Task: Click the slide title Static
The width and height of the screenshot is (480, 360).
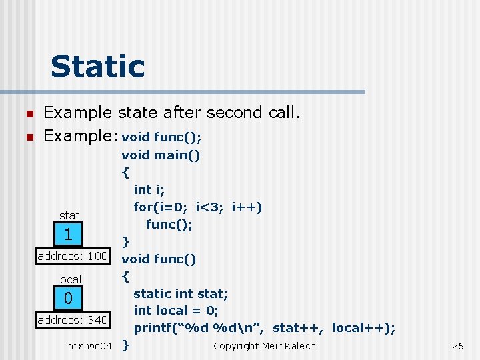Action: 97,67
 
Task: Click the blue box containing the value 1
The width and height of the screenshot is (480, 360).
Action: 68,235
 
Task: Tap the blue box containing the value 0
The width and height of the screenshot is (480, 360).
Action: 68,299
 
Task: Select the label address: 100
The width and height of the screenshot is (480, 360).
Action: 73,256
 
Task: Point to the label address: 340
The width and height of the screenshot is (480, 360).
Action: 73,320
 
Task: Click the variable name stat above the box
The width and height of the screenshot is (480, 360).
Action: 69,215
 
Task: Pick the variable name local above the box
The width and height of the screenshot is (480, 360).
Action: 69,279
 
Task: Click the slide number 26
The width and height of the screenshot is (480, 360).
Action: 457,345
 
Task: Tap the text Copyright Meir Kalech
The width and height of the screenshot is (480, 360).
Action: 264,345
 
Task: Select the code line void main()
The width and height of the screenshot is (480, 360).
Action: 161,155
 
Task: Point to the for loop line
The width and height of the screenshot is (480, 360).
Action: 197,207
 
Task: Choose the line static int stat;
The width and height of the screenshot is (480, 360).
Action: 181,293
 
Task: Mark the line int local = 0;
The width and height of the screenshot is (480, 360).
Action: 176,310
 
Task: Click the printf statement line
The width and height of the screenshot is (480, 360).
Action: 264,327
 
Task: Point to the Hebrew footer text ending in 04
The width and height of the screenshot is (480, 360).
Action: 90,345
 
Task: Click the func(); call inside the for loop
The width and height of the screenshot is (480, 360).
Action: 169,224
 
